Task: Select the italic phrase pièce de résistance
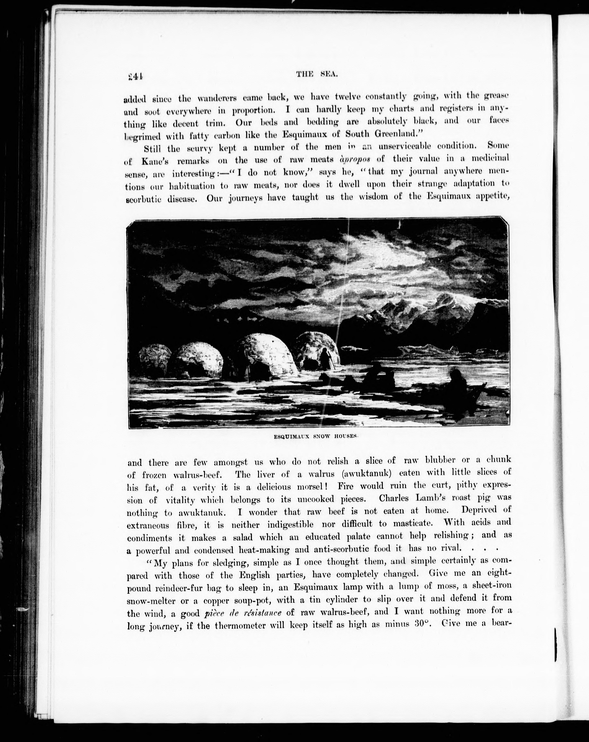coord(243,613)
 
